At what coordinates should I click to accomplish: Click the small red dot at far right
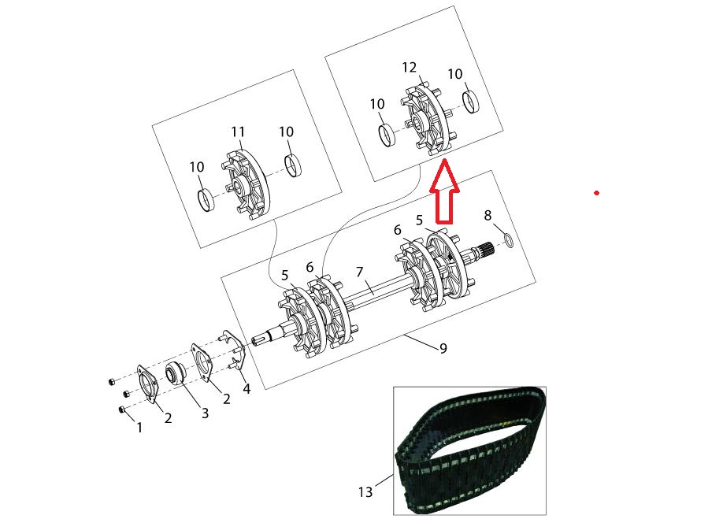coord(597,193)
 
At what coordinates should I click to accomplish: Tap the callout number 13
coord(365,492)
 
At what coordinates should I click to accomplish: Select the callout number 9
coord(443,348)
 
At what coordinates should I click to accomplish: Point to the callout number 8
coord(488,215)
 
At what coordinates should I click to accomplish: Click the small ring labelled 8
coord(508,240)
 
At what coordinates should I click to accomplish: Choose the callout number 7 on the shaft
coord(360,272)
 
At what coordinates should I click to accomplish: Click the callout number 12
coord(409,68)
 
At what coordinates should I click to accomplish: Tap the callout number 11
coord(238,132)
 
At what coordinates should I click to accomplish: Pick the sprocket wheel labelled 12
coord(427,120)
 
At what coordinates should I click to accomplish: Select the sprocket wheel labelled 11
coord(247,184)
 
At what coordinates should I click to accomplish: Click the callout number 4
coord(247,389)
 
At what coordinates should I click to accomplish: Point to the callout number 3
coord(205,413)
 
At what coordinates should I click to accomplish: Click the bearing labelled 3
coord(175,372)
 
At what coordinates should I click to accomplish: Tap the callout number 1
coord(139,428)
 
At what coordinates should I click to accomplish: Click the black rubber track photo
coord(469,450)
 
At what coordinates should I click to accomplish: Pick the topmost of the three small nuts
coord(111,382)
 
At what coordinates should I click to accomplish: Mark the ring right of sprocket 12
coord(470,102)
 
